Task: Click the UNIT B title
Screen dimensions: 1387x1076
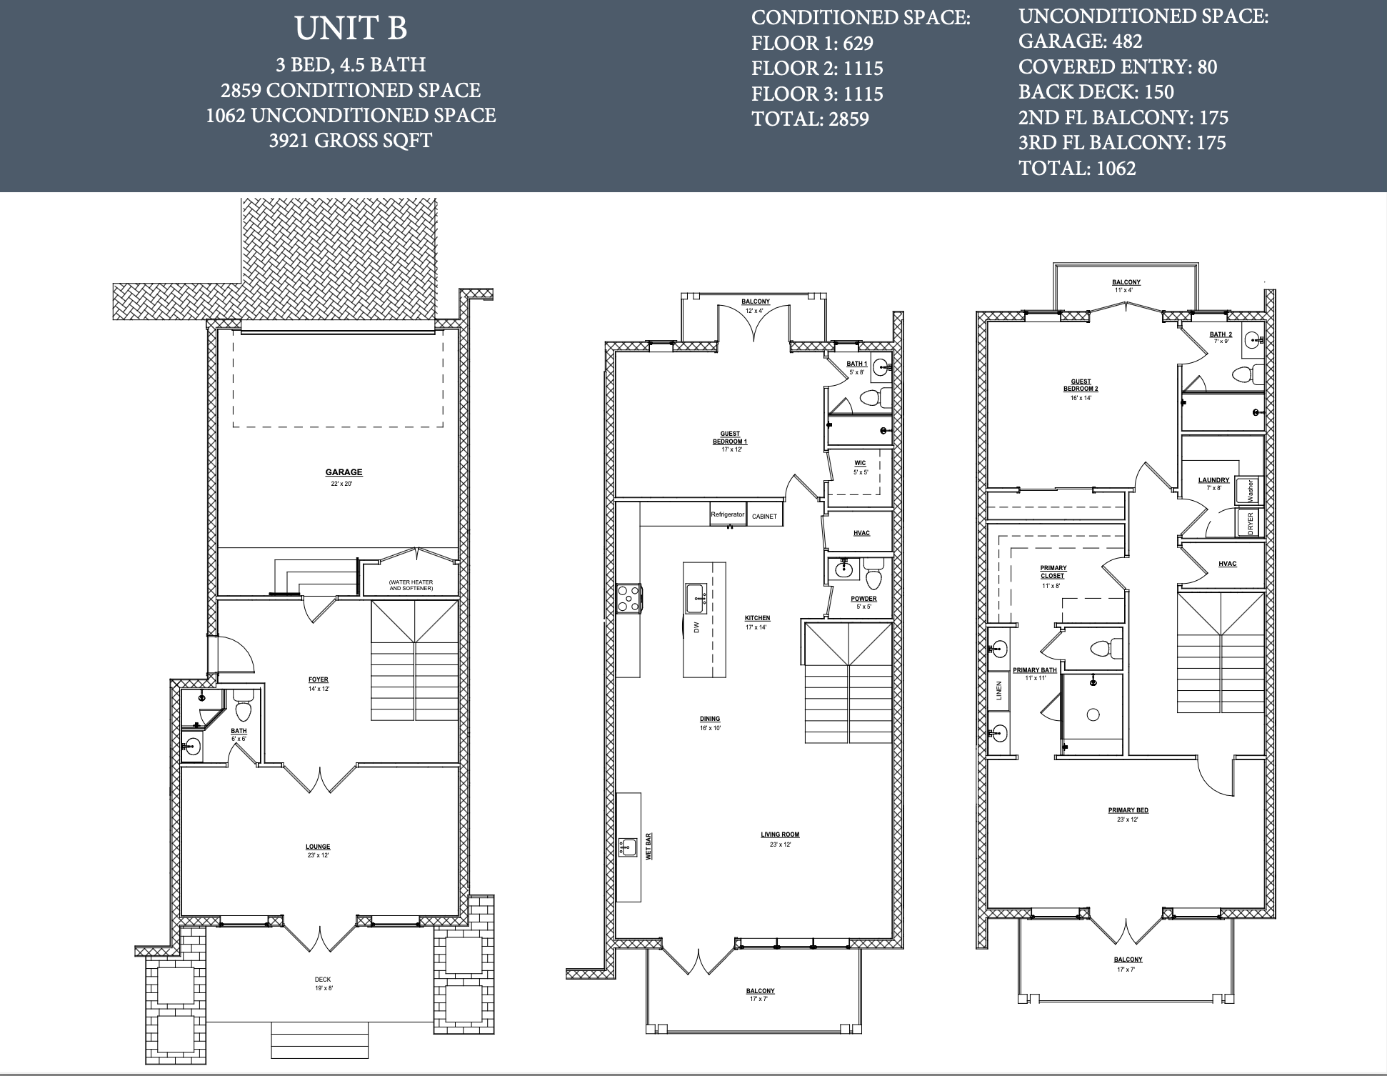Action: (351, 29)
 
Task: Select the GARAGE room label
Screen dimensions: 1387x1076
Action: (344, 472)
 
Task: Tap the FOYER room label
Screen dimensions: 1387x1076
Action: (319, 680)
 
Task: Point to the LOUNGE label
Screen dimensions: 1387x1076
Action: (318, 847)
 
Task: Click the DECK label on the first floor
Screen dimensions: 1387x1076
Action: (323, 980)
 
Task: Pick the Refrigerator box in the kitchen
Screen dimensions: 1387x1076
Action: (728, 515)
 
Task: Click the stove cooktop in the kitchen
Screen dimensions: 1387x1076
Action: (629, 598)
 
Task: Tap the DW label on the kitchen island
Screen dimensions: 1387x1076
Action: (696, 627)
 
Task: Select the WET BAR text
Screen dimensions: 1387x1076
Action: (649, 845)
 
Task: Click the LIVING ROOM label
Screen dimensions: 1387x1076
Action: (780, 835)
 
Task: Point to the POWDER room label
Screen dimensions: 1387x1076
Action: (863, 599)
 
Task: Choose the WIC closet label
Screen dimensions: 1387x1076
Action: (860, 463)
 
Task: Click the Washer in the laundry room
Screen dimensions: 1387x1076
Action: (1249, 490)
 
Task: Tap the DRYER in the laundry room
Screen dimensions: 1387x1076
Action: (1250, 523)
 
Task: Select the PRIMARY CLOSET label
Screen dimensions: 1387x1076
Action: (1053, 572)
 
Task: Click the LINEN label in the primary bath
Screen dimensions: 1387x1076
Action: (999, 690)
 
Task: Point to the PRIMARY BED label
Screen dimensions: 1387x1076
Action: (1128, 810)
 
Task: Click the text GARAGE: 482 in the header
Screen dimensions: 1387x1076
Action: (1081, 41)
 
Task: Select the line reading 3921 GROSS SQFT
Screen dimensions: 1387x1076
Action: (351, 141)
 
